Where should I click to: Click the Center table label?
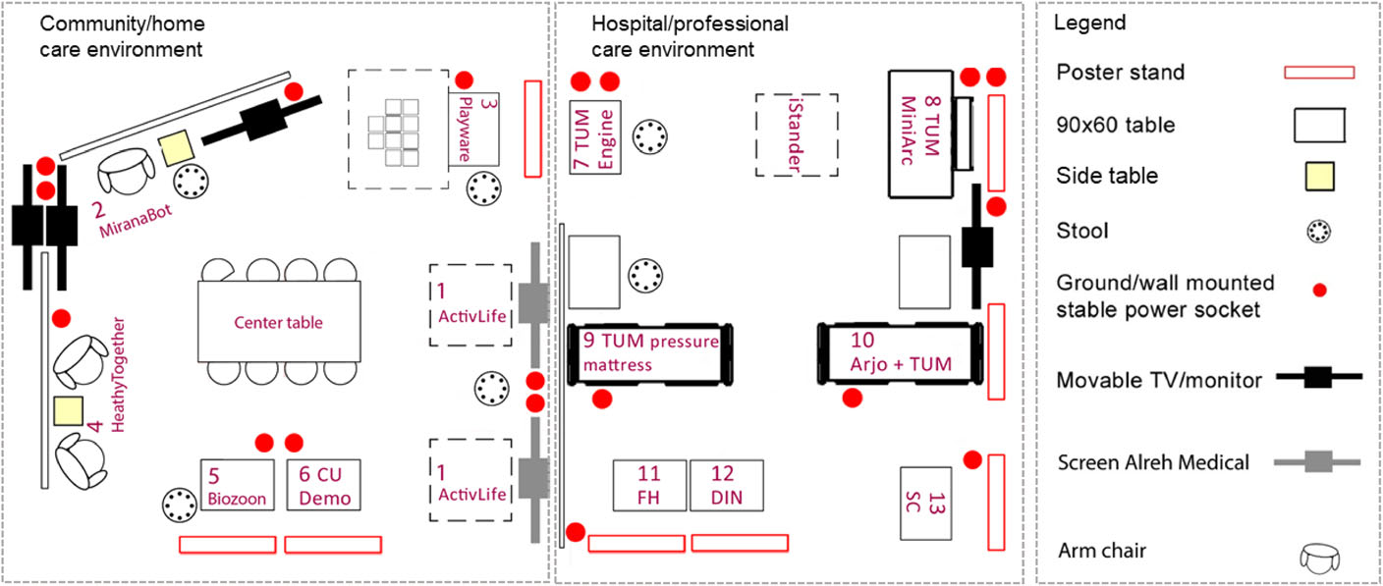[278, 322]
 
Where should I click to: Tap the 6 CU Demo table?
[324, 484]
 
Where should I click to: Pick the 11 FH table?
[649, 485]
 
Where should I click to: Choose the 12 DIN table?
[727, 485]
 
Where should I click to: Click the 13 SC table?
[926, 503]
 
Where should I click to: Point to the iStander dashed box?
[797, 135]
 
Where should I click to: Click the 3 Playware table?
[474, 129]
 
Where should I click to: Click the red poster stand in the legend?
[1319, 72]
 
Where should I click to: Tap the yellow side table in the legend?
[1318, 177]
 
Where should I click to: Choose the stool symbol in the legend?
[1319, 232]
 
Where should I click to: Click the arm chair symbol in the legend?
[1318, 559]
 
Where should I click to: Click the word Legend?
[1089, 23]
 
